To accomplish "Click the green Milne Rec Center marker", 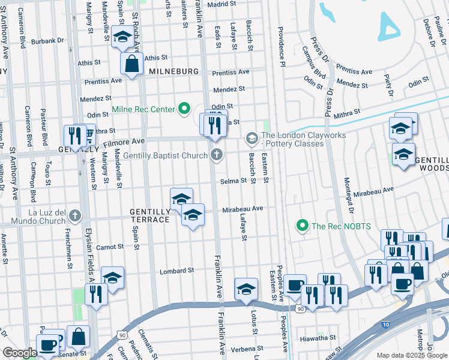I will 185,109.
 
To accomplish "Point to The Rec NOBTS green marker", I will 302,226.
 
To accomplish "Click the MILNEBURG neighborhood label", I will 173,71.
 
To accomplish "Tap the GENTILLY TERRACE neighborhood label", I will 149,216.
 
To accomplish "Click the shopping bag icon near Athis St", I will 131,64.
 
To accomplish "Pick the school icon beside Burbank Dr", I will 122,38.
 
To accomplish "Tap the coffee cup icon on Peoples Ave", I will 295,286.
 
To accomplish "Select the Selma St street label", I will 234,181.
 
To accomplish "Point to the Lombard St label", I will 176,271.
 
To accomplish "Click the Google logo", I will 20,353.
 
